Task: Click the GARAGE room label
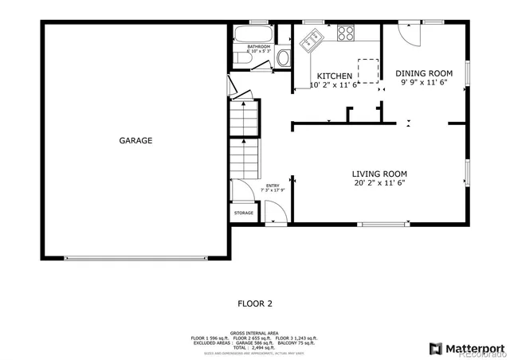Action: [x=135, y=141]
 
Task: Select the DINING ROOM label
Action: [x=423, y=73]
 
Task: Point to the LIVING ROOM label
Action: [x=379, y=174]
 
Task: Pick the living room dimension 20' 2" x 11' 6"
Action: [x=379, y=183]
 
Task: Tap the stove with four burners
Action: [x=347, y=33]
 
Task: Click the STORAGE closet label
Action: [x=244, y=213]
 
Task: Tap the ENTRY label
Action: [x=273, y=186]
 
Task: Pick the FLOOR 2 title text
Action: [x=255, y=303]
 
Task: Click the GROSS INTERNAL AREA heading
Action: [x=255, y=331]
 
